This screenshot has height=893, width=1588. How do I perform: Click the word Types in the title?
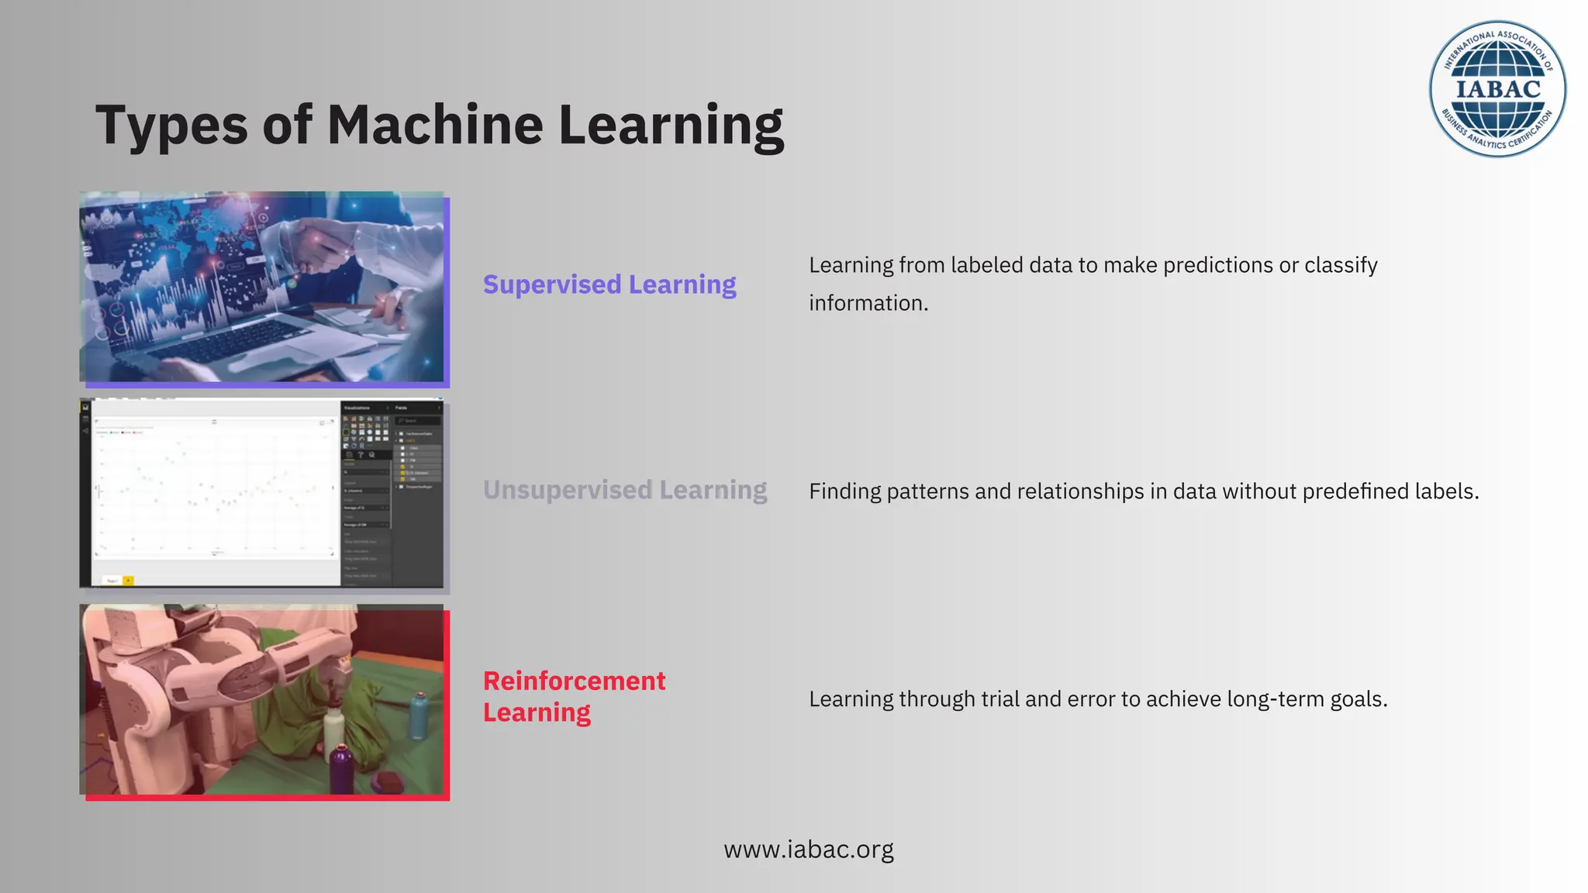pyautogui.click(x=171, y=126)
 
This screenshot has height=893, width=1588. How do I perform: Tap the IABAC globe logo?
pyautogui.click(x=1497, y=88)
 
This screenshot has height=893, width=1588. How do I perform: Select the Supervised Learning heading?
pyautogui.click(x=609, y=284)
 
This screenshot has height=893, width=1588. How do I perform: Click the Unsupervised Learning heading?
pyautogui.click(x=625, y=490)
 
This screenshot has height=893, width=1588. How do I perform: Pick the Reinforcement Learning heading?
pyautogui.click(x=574, y=696)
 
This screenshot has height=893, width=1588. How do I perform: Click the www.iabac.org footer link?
pyautogui.click(x=809, y=850)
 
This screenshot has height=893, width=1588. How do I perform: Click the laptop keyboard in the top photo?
pyautogui.click(x=233, y=341)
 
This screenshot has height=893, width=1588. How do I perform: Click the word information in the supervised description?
pyautogui.click(x=868, y=303)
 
